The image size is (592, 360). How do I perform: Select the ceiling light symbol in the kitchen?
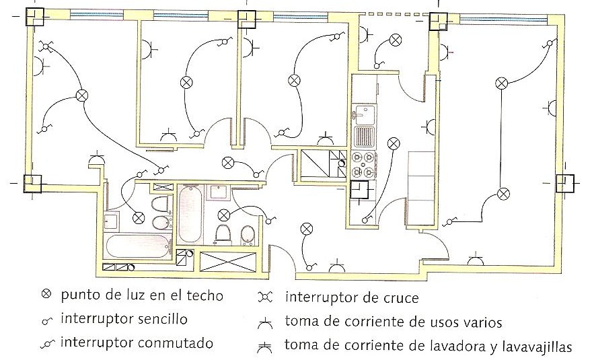click(393, 143)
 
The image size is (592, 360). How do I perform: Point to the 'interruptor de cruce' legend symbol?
click(266, 297)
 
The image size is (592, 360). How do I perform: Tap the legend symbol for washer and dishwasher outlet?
click(266, 347)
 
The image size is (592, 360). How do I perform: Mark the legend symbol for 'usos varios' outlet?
click(266, 323)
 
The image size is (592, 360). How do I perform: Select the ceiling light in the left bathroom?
click(139, 217)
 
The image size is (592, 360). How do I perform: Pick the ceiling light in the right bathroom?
click(224, 215)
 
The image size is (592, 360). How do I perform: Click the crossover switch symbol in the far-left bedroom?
click(47, 46)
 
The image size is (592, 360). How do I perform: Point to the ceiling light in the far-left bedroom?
click(82, 96)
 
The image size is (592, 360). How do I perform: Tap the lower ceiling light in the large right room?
click(502, 194)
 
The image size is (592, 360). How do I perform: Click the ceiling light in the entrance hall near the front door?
click(307, 229)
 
